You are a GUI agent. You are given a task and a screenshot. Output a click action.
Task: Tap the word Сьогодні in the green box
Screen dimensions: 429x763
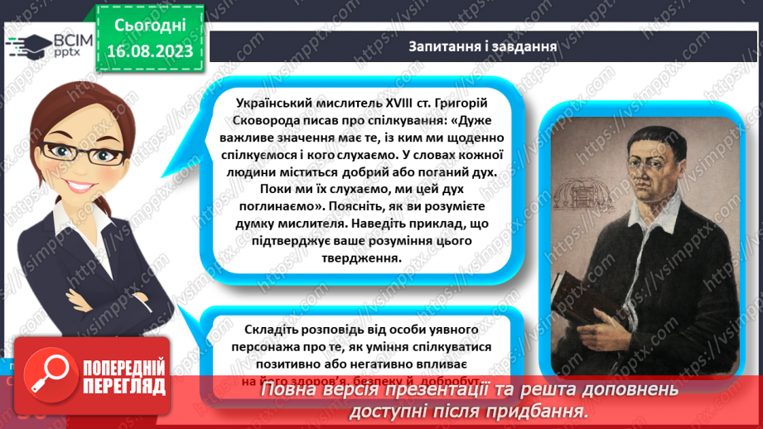tap(149, 25)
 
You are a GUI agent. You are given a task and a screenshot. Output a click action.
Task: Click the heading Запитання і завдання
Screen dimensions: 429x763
tap(481, 46)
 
